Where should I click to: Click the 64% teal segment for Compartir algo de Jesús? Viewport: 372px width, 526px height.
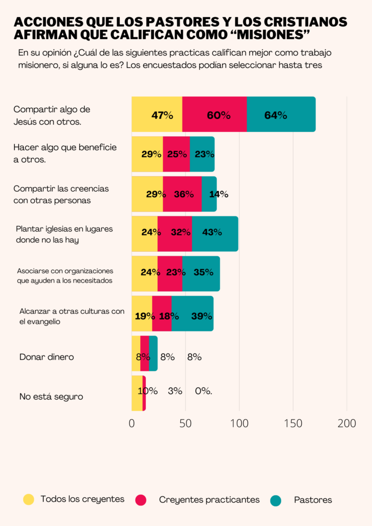coord(281,115)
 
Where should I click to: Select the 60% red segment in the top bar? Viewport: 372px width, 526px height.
coord(214,115)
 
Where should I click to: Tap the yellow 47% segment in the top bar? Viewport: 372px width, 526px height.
coord(157,115)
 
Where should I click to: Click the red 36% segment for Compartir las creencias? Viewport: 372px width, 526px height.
coord(182,194)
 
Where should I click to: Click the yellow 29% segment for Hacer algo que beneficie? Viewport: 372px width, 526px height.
coord(147,154)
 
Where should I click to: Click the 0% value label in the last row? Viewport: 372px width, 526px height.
coord(203,391)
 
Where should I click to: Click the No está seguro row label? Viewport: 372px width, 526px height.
coord(51,397)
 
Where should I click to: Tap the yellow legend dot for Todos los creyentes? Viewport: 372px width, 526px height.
coord(29,499)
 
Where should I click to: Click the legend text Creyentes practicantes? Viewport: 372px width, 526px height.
coord(209,500)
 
